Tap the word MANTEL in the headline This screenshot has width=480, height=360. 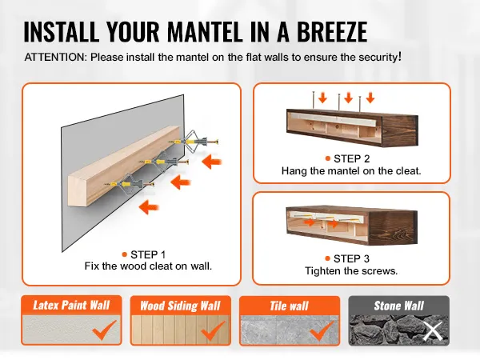[x=206, y=31]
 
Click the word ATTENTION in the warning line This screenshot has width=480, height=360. [x=56, y=58]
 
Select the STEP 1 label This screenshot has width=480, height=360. [x=148, y=254]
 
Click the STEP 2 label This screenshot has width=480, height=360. [x=352, y=158]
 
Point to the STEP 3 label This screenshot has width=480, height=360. [x=351, y=258]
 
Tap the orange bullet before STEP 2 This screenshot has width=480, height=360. [x=328, y=158]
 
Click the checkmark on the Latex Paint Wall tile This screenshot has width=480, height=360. [x=104, y=330]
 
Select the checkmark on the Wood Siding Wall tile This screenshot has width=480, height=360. [x=213, y=330]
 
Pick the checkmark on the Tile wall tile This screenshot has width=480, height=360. [x=322, y=330]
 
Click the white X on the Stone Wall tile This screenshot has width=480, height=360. [x=433, y=331]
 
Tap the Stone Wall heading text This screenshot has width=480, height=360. [x=399, y=306]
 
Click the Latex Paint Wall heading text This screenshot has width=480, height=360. [x=71, y=306]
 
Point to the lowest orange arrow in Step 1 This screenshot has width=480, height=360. [x=149, y=207]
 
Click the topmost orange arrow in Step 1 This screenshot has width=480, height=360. [x=212, y=162]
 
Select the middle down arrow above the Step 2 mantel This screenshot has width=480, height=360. [x=348, y=98]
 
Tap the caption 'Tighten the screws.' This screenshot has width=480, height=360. [x=351, y=271]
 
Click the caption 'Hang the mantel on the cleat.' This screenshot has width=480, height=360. [x=351, y=171]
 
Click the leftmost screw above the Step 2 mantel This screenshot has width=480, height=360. [x=314, y=100]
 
